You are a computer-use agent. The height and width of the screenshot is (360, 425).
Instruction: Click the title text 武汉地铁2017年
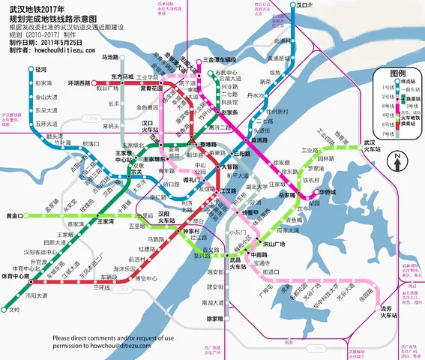tap(42, 7)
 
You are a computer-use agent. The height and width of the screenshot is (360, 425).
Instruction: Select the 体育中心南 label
tap(15, 277)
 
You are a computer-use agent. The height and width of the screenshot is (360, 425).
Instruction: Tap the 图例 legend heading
tap(397, 74)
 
